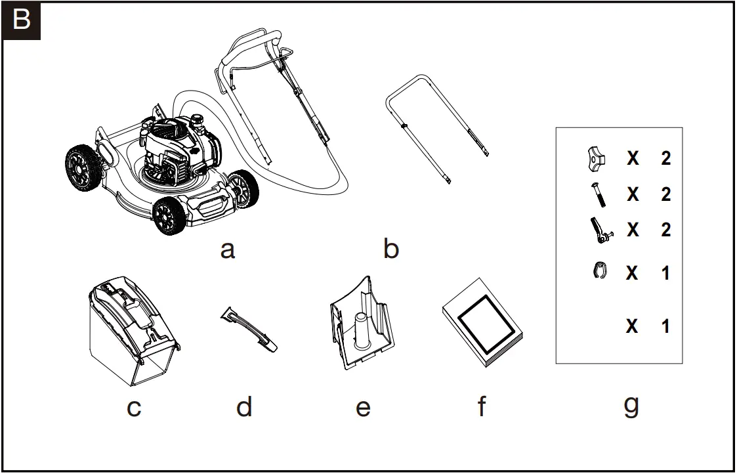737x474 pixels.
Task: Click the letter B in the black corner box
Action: [x=22, y=20]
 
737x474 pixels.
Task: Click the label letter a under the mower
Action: [x=227, y=249]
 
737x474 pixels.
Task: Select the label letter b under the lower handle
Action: [x=390, y=249]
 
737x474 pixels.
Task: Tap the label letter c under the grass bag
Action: [x=134, y=408]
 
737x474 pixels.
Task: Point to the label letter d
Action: [x=244, y=408]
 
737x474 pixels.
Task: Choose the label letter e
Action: [x=363, y=408]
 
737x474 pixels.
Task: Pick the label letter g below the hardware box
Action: [x=631, y=406]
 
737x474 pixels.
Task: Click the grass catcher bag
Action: [x=135, y=331]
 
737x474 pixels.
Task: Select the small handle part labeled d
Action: [x=249, y=327]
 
